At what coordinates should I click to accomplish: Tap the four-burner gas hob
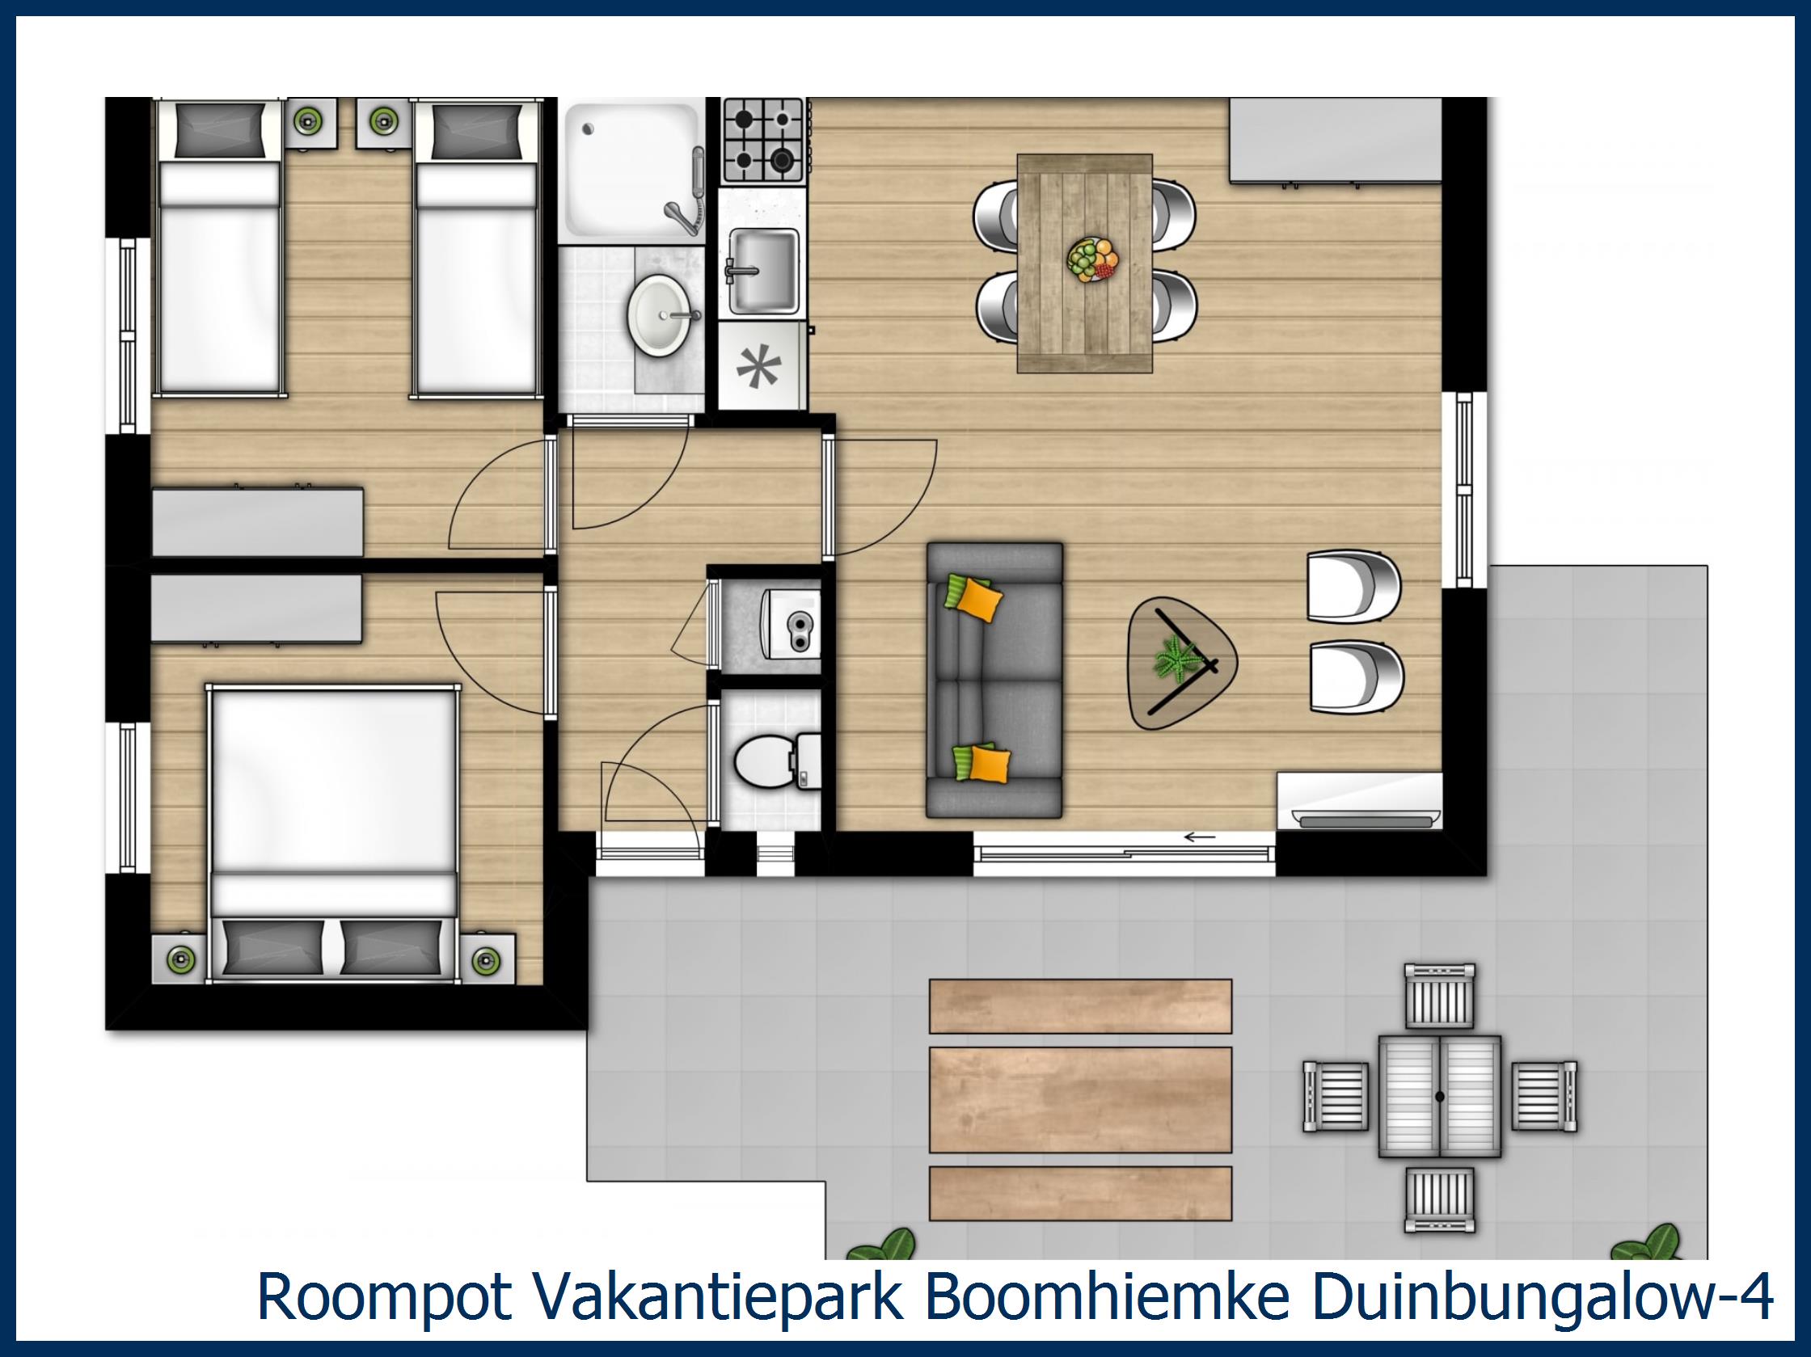point(762,140)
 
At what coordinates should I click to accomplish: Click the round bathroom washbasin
point(660,315)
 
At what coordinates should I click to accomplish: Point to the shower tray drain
point(587,129)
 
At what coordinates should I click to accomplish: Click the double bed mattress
point(332,782)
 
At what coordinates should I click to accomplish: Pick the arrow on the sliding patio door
point(1201,837)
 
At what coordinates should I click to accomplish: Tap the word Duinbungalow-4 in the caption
point(1539,1296)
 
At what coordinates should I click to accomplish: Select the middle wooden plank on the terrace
point(1080,1099)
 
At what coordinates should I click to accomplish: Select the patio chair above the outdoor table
point(1439,995)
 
